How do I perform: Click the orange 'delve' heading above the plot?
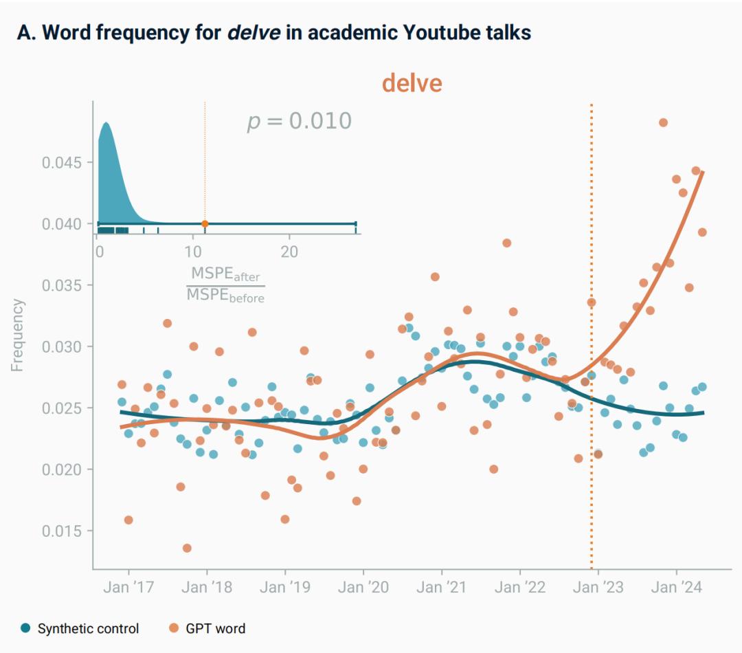coord(412,83)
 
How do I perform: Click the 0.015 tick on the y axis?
coord(61,531)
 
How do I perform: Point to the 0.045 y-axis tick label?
coord(61,163)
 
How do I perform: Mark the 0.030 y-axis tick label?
coord(61,347)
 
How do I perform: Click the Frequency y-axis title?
coord(17,335)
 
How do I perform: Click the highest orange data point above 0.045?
coord(663,122)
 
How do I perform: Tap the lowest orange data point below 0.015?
coord(187,548)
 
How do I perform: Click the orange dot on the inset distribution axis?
coord(205,223)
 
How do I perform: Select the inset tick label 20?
coord(289,251)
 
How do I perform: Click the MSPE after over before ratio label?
coord(225,285)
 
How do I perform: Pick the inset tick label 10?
coord(194,251)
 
